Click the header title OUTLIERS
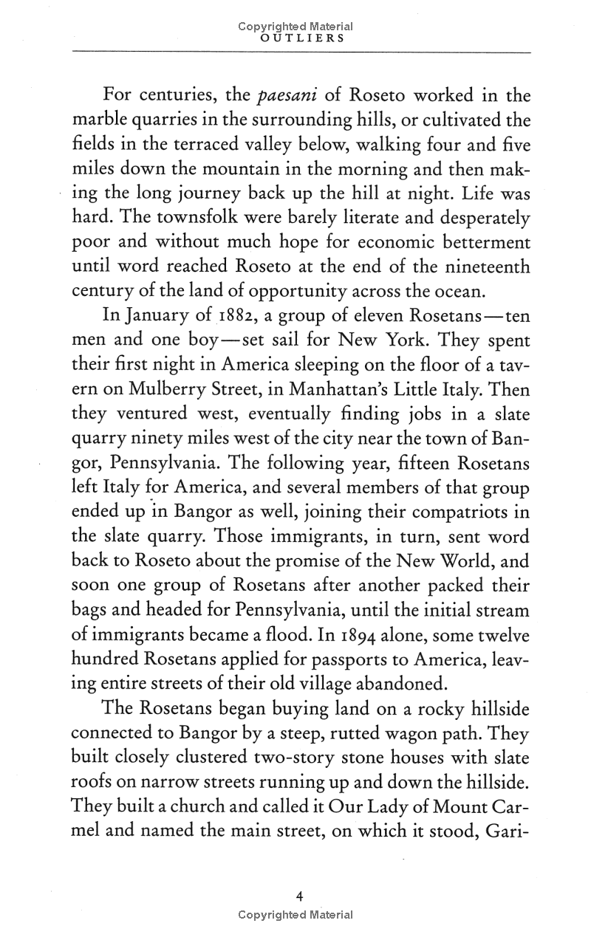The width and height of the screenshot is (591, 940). [295, 39]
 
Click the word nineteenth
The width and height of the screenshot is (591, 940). [483, 264]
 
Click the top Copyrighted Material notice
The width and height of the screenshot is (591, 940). [295, 26]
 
